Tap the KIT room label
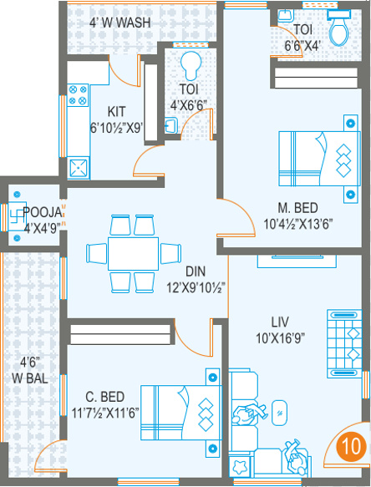point(116,111)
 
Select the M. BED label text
point(297,208)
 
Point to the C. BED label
point(105,397)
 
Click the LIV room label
point(280,322)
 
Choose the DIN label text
point(196,271)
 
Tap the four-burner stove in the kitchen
point(78,95)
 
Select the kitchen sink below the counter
point(79,168)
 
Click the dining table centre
point(134,253)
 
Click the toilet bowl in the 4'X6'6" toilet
point(189,65)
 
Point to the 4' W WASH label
point(120,23)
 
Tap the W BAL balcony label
point(30,378)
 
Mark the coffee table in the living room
point(279,413)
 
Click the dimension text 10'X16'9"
point(280,338)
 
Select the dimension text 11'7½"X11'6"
point(105,413)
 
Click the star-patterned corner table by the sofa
point(240,467)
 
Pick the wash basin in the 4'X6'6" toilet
point(171,126)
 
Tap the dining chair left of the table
point(97,253)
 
